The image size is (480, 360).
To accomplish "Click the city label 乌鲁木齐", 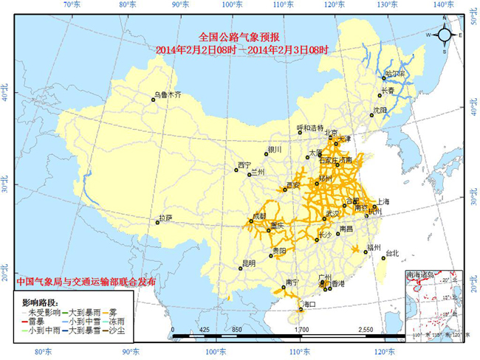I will pos(168,94).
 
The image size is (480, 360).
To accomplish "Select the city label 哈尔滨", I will pos(396,74).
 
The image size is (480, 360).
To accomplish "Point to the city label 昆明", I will pos(248,263).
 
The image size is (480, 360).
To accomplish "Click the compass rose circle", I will pos(445,35).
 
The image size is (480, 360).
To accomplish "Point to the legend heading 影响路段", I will pos(40,303).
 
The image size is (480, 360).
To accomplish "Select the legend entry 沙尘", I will pos(117,331).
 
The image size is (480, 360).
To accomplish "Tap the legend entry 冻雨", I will pos(117,322).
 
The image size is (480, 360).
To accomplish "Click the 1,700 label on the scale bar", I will pos(301,329).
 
